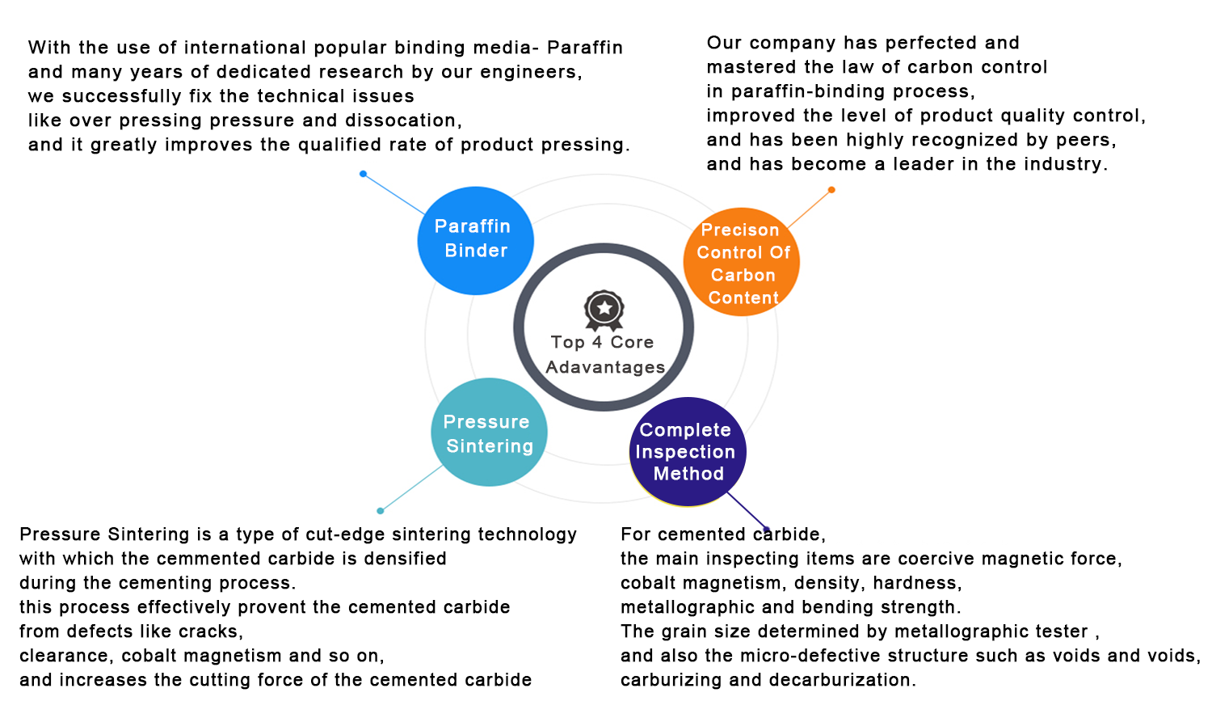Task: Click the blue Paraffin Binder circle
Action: coord(476,240)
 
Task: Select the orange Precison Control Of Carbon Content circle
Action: coord(741,262)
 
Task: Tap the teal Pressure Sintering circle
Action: coord(489,432)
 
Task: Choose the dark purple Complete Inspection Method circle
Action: coord(688,452)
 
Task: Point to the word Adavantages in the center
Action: coord(605,367)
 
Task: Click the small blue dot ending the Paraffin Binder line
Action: coord(363,174)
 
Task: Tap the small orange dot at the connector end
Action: coord(831,189)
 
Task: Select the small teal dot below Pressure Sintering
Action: coord(381,511)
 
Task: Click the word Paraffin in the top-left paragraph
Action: coord(585,48)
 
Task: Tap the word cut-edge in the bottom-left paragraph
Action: coord(345,534)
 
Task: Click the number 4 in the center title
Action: coord(597,342)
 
